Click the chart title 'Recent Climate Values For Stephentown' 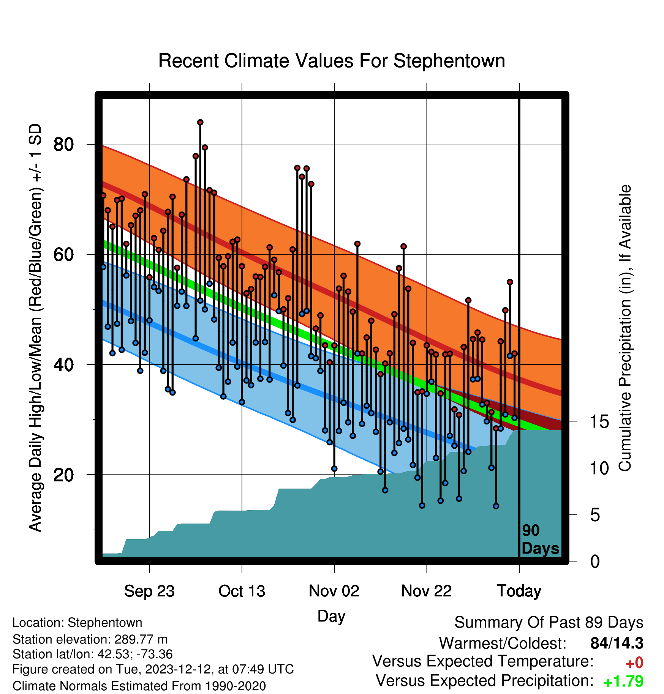pos(332,61)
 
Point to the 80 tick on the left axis pos(63,144)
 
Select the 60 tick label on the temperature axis pos(63,254)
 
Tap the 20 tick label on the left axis pos(63,475)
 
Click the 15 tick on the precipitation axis pos(599,421)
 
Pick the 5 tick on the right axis pos(595,515)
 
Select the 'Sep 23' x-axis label pos(149,591)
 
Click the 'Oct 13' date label pos(242,591)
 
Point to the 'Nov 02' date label pos(334,591)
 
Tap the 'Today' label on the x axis pos(519,591)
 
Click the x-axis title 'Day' pos(331,616)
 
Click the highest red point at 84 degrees pos(200,122)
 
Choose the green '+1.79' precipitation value pos(623,681)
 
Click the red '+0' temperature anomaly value pos(634,663)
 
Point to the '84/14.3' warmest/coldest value pos(617,643)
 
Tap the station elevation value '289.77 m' pos(141,639)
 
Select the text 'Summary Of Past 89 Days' pos(549,623)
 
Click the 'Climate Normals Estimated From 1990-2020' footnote pos(139,686)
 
